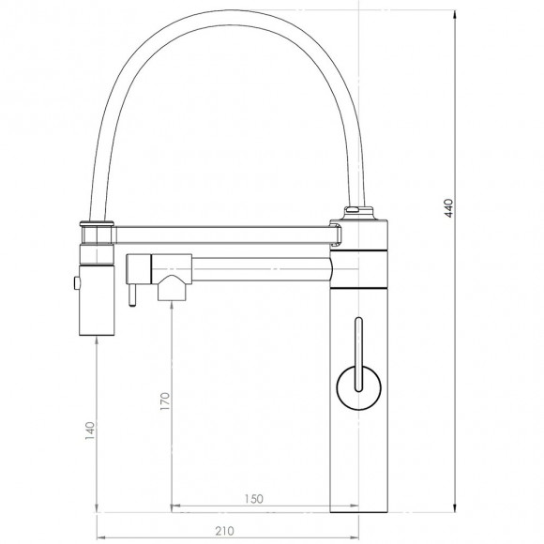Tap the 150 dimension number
[252, 498]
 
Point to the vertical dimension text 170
[165, 402]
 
